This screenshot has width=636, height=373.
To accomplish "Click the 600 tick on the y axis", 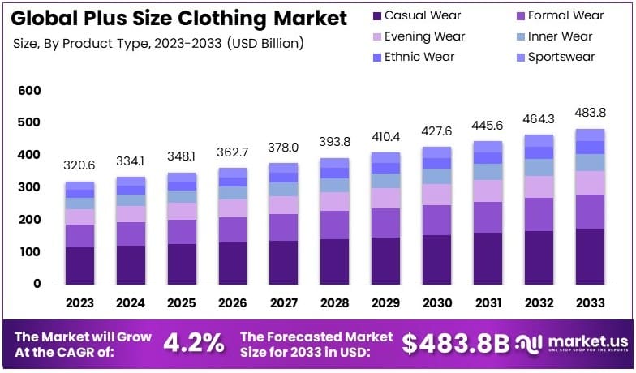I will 28,91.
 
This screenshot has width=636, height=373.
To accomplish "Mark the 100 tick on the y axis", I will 28,252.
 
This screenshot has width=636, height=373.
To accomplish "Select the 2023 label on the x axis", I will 79,302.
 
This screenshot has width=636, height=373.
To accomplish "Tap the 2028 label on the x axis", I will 334,302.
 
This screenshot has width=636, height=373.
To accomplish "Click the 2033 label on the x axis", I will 590,302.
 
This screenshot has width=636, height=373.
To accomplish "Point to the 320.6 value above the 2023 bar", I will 79,165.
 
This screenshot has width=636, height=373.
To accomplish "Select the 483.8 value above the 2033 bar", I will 590,112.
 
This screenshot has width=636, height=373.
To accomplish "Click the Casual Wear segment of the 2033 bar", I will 590,256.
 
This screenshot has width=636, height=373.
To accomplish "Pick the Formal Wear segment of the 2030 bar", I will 436,220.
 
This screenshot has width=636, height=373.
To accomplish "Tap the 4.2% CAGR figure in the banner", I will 194,343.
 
